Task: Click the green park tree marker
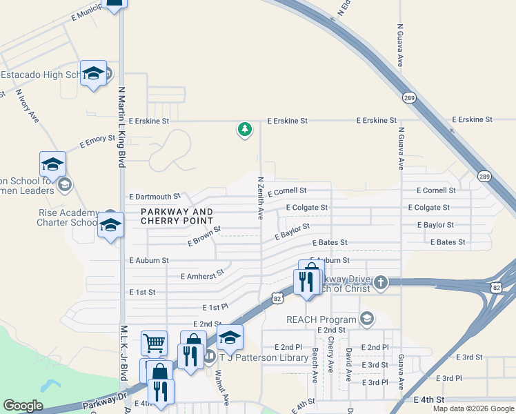244,129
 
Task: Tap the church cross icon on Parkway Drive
380,282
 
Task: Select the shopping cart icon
154,342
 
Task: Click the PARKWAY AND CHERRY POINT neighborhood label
177,216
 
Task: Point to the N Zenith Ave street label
261,198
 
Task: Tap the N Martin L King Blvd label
121,127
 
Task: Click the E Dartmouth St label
155,197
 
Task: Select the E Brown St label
204,236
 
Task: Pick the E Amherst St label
203,274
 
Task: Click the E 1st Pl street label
215,306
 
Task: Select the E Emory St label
97,141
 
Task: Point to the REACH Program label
322,319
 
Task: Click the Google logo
22,406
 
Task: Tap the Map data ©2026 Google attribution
473,408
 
